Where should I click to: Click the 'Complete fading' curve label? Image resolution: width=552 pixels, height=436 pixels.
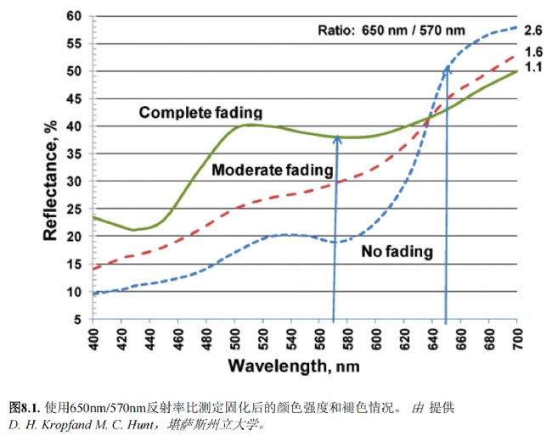(x=200, y=112)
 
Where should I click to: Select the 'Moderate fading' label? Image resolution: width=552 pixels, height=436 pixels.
(x=272, y=170)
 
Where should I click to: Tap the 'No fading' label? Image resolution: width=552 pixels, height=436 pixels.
(x=397, y=252)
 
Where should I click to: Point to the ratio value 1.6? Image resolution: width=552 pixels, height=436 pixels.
(x=532, y=52)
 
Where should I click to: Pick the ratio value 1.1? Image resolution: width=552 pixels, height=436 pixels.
(x=532, y=67)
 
